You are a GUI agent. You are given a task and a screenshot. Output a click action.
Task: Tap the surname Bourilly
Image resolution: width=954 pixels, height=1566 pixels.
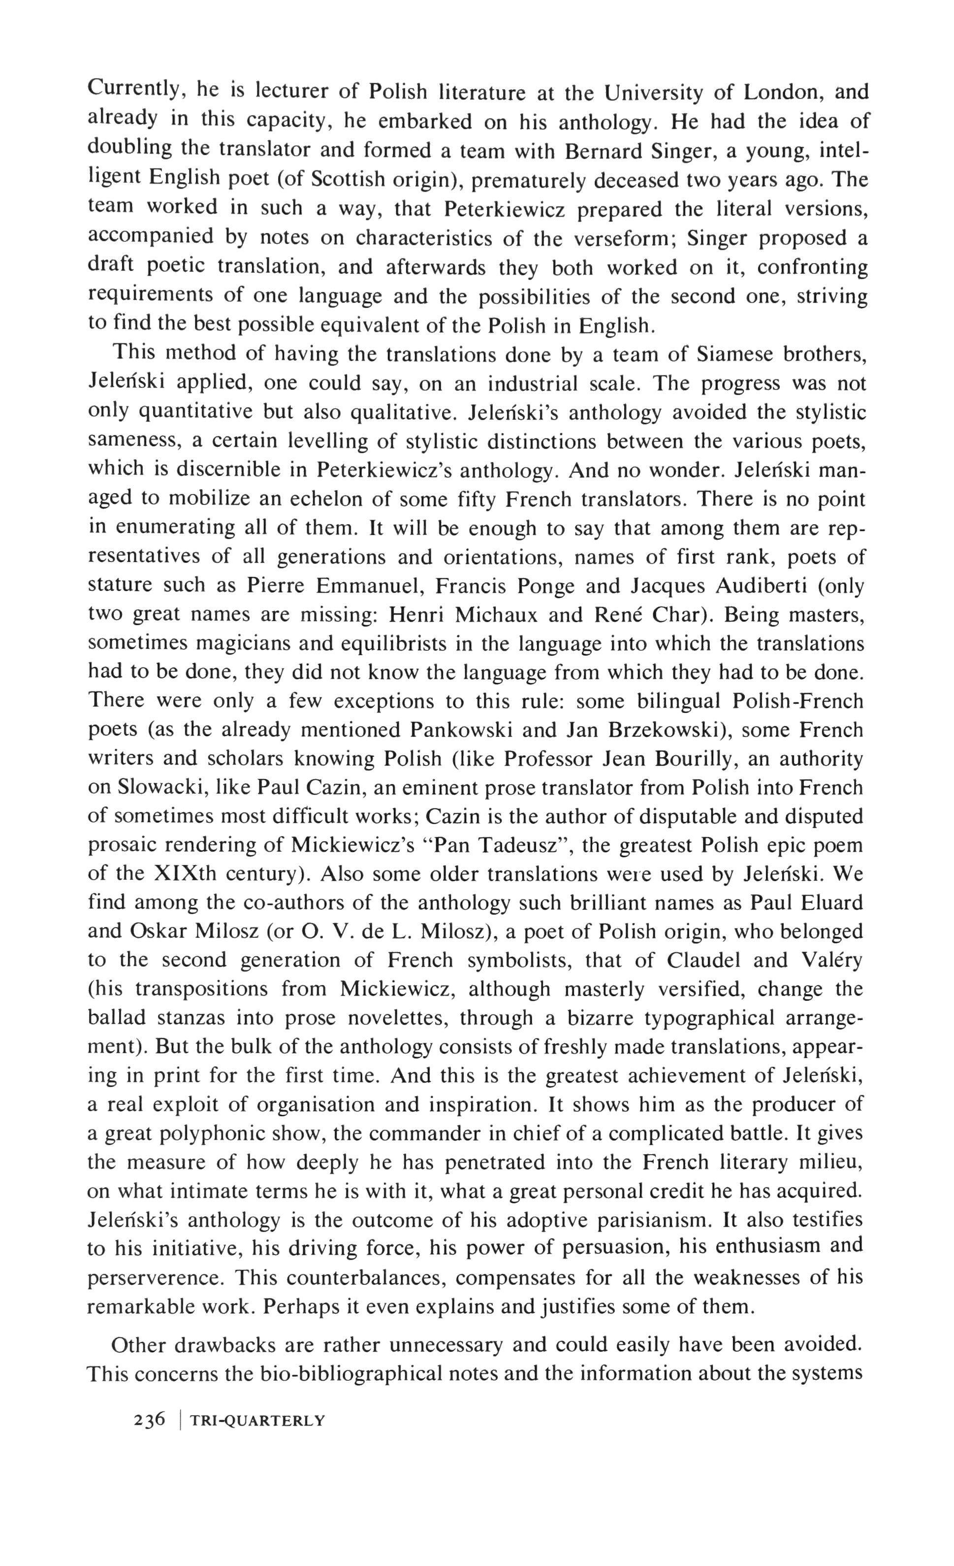point(687,759)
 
